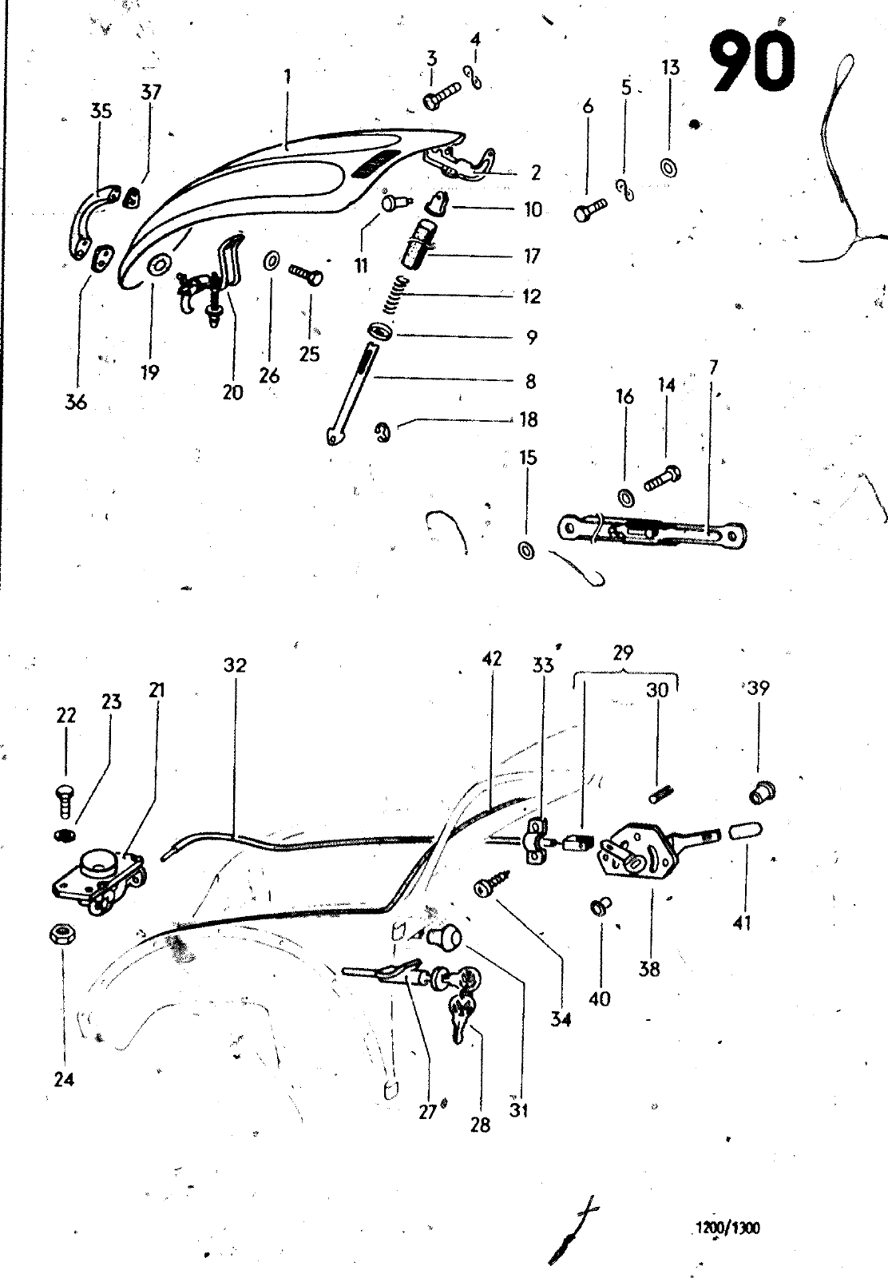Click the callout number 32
(235, 665)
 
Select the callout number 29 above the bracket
(623, 652)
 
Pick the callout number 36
(76, 403)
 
